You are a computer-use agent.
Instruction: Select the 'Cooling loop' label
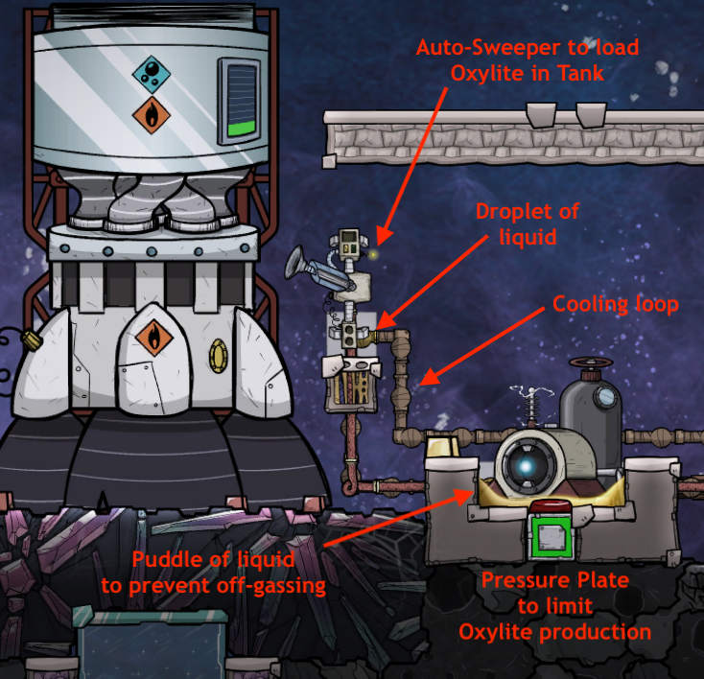[615, 305]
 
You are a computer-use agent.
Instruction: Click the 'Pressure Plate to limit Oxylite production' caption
[554, 606]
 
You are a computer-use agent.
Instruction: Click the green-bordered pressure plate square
[551, 539]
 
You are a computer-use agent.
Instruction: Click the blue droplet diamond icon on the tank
[150, 70]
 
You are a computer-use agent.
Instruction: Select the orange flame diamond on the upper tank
[151, 115]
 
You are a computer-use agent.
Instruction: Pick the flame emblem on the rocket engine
[150, 339]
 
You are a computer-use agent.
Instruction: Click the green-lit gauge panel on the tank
[240, 99]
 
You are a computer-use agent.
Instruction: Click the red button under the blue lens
[550, 508]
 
